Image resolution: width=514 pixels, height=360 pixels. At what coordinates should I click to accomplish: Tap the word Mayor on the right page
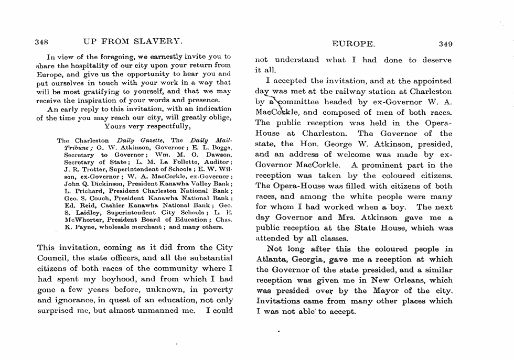[x=388, y=291]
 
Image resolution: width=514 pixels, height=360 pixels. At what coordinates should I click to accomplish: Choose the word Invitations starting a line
[x=280, y=301]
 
